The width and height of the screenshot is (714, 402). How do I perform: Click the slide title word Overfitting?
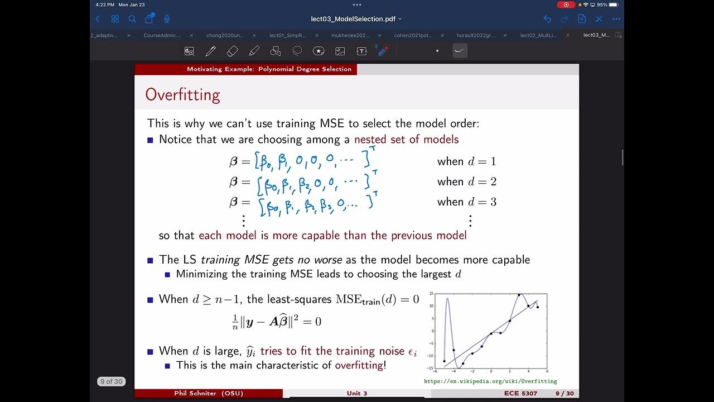click(182, 95)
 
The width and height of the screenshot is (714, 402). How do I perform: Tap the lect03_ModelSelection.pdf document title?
click(353, 19)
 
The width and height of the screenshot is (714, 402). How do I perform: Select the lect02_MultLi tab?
click(538, 35)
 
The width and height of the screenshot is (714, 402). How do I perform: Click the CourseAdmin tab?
click(162, 35)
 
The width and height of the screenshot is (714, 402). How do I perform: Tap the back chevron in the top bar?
click(98, 19)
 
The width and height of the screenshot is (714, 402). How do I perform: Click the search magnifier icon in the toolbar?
click(132, 19)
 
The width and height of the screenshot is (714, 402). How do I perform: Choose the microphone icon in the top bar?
click(166, 19)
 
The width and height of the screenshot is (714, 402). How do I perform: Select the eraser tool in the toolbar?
click(233, 51)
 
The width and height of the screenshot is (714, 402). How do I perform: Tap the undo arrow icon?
click(547, 19)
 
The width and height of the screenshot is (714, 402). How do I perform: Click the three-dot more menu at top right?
click(616, 19)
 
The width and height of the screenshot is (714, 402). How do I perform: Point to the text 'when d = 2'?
click(466, 181)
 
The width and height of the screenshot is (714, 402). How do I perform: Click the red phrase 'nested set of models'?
click(406, 139)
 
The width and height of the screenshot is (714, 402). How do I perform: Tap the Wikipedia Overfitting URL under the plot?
click(490, 381)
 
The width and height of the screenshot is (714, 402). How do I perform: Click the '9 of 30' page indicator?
click(111, 381)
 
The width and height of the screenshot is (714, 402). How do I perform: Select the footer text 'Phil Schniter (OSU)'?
click(209, 394)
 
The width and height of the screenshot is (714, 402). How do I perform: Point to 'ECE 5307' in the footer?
click(520, 394)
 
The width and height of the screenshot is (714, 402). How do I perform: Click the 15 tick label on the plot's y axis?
click(431, 294)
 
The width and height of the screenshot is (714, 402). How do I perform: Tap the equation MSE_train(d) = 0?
click(377, 299)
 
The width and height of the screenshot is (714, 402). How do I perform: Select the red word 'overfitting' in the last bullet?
click(359, 365)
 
